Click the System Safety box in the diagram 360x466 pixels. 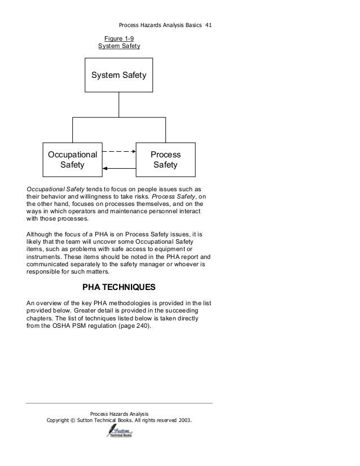pyautogui.click(x=118, y=75)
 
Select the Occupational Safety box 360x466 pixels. pyautogui.click(x=72, y=160)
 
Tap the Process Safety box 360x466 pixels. pyautogui.click(x=165, y=160)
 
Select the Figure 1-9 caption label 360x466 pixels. pyautogui.click(x=119, y=38)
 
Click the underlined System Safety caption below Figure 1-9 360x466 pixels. pyautogui.click(x=119, y=46)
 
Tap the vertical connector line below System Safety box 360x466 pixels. pyautogui.click(x=119, y=104)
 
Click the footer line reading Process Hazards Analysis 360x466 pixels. pyautogui.click(x=119, y=414)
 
